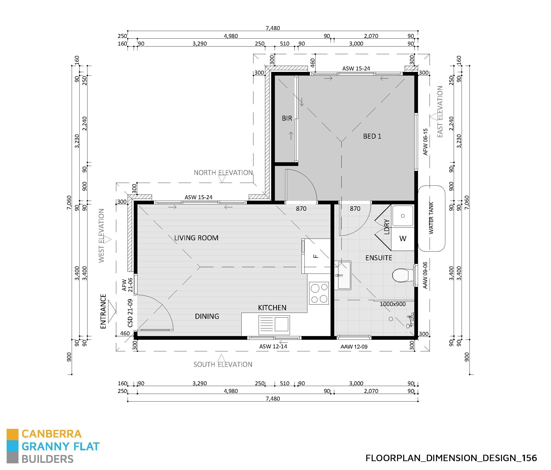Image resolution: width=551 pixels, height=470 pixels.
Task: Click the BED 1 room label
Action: (372, 136)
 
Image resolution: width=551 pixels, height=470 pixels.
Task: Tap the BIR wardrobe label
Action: (287, 118)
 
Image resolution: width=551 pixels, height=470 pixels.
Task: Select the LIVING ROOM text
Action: (196, 238)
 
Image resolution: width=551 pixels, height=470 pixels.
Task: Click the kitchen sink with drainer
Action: (274, 325)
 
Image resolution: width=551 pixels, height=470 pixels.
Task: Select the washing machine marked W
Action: (403, 239)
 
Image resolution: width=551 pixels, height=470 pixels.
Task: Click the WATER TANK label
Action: (431, 218)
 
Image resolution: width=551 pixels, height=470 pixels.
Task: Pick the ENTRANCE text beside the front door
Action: (103, 311)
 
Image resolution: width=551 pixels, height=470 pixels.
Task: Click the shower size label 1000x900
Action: (393, 304)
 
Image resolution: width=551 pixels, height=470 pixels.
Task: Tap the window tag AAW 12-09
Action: (354, 347)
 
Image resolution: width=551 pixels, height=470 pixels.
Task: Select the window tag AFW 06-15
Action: (425, 142)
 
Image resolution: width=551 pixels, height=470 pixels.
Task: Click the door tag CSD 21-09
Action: (130, 313)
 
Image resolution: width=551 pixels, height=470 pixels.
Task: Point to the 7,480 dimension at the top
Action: (273, 28)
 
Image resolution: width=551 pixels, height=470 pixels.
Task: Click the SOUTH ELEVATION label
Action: (223, 364)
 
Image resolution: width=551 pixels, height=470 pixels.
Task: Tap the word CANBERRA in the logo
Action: (51, 434)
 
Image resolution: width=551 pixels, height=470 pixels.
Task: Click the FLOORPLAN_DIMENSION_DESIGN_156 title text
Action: (451, 458)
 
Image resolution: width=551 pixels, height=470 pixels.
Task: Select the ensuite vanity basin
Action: (343, 276)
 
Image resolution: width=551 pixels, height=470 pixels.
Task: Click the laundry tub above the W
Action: (403, 216)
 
